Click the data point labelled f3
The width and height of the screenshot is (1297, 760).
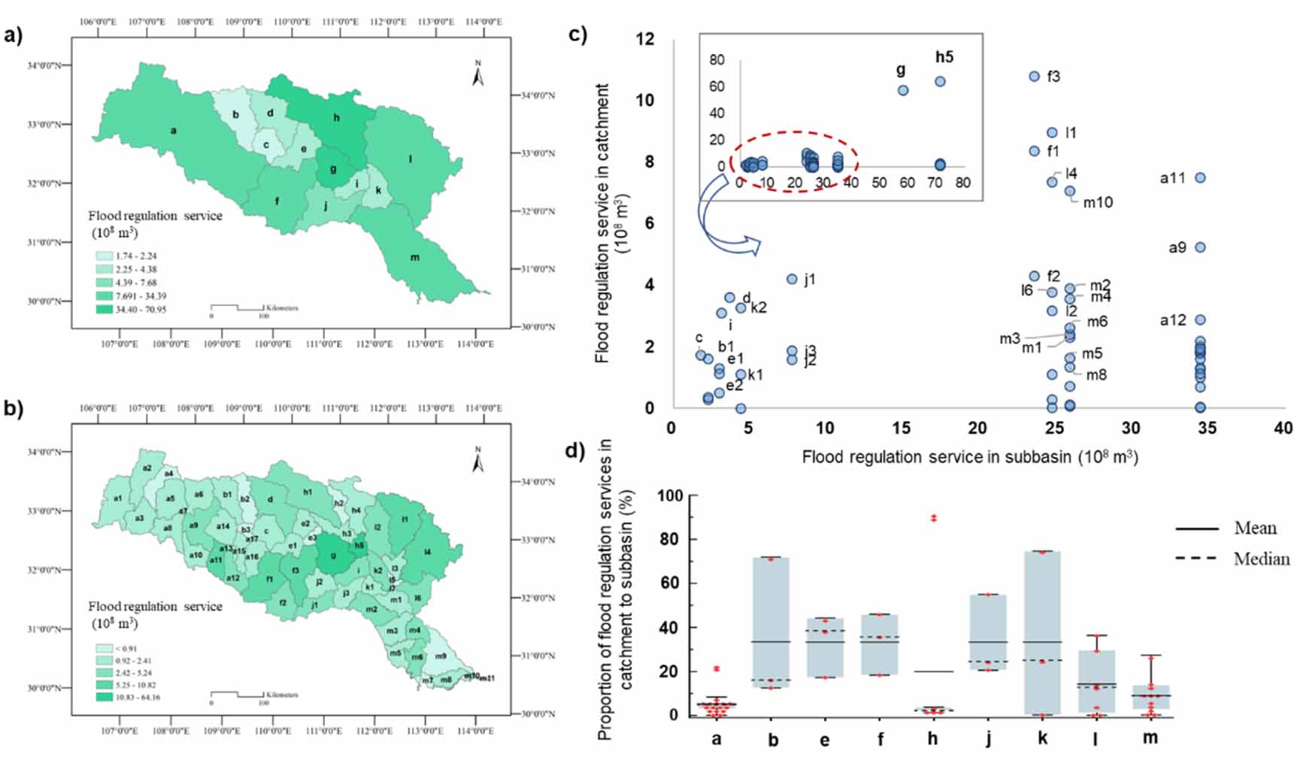pos(1034,77)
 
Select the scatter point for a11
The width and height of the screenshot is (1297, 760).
pos(1200,178)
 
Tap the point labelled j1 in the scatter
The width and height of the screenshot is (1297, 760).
pos(792,279)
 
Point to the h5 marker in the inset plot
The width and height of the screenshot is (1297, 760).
pos(940,81)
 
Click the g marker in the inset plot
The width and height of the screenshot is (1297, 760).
pos(903,90)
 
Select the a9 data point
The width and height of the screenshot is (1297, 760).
pos(1200,247)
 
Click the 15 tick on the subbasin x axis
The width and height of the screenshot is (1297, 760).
pos(901,428)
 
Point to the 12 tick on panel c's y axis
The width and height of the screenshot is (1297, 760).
pos(645,39)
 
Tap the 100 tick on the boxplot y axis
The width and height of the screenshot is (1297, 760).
pos(669,496)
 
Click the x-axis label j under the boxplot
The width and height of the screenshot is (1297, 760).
pos(988,738)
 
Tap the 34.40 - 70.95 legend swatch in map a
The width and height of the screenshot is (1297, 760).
pos(104,310)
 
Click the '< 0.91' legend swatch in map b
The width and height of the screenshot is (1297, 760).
pos(104,647)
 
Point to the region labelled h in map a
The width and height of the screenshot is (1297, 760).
pos(336,118)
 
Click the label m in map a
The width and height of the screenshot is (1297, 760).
pos(414,258)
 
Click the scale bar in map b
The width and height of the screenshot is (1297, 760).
pos(237,695)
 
